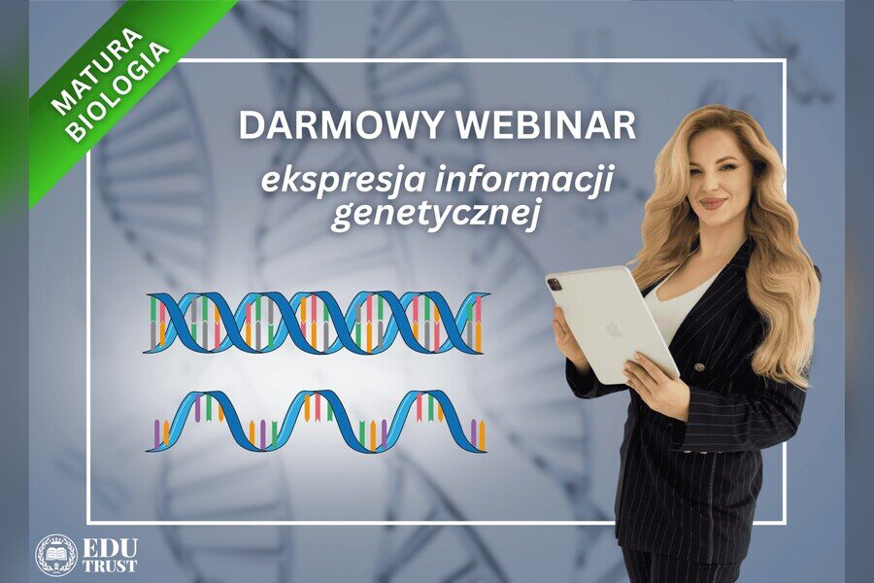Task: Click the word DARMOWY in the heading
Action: point(341,126)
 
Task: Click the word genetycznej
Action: point(436,216)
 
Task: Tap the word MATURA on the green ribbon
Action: point(95,73)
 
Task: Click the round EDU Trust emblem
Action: point(56,555)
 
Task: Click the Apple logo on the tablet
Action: point(612,329)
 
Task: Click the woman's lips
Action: point(713,201)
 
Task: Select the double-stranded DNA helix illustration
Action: point(317,323)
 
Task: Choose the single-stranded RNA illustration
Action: point(317,421)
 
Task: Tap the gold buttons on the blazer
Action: point(697,366)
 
